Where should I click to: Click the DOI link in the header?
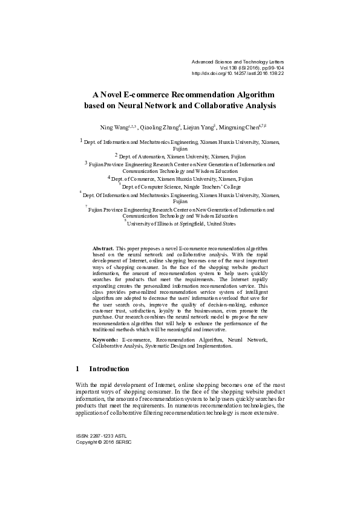[237, 74]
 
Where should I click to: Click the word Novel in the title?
[114, 95]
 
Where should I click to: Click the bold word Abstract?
[103, 248]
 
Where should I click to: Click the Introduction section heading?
[109, 369]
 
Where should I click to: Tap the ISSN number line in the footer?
[101, 435]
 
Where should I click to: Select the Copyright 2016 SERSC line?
[103, 442]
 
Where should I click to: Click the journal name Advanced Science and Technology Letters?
[237, 62]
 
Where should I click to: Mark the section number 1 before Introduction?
[77, 369]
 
